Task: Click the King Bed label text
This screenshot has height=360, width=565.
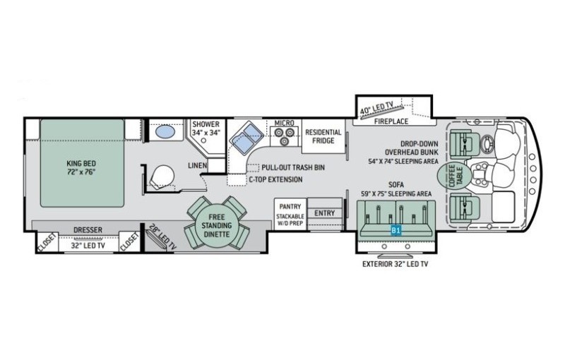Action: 81,167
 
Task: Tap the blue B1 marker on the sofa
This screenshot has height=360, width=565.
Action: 396,230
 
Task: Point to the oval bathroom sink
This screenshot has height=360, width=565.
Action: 165,131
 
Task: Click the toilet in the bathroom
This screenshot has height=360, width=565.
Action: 162,176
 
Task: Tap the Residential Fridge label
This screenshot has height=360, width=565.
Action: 323,136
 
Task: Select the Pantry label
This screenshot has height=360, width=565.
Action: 290,207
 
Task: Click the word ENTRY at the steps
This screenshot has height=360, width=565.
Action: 325,213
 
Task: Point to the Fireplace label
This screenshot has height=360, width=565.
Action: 391,121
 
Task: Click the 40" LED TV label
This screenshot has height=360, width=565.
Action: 377,107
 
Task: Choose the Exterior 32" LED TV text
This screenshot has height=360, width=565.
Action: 395,264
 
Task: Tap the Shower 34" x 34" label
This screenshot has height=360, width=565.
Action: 206,128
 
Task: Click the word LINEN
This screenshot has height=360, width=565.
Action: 198,166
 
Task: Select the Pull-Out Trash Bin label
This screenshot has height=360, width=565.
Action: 293,168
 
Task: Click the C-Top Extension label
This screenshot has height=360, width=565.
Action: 275,179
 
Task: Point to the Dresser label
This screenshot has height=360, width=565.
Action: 88,229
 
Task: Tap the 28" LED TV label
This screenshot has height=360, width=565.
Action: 162,237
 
